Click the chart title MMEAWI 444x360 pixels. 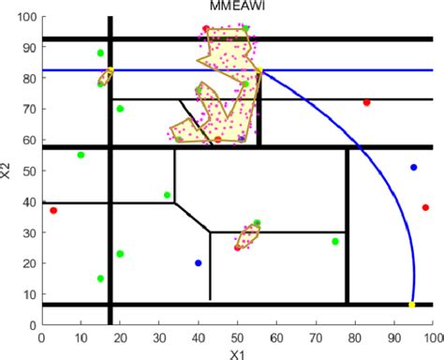point(236,7)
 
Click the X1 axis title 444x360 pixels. point(236,353)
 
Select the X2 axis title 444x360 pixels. point(7,170)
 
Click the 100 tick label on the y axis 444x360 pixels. point(24,17)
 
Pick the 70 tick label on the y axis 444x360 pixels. point(27,109)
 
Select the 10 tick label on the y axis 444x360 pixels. point(27,293)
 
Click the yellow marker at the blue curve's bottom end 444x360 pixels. point(412,305)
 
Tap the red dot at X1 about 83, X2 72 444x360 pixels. point(366,102)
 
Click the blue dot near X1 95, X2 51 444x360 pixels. point(413,167)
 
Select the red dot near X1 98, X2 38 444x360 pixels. point(425,207)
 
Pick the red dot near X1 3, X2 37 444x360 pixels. point(53,210)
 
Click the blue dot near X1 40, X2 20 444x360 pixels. point(198,262)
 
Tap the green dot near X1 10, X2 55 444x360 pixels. point(81,155)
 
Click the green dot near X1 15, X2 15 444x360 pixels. point(100,278)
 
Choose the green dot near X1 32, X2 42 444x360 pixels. point(167,195)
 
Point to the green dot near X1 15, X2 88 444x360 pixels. point(100,53)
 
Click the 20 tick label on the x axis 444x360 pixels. point(119,335)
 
